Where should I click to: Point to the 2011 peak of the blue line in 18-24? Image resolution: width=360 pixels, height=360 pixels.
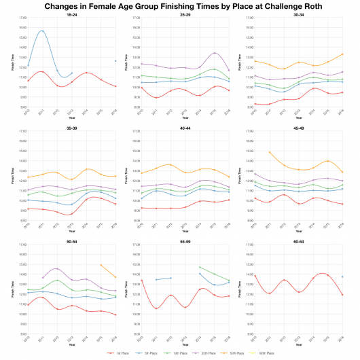[42, 31]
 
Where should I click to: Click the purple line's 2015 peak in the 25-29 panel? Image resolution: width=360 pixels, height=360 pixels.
[214, 53]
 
